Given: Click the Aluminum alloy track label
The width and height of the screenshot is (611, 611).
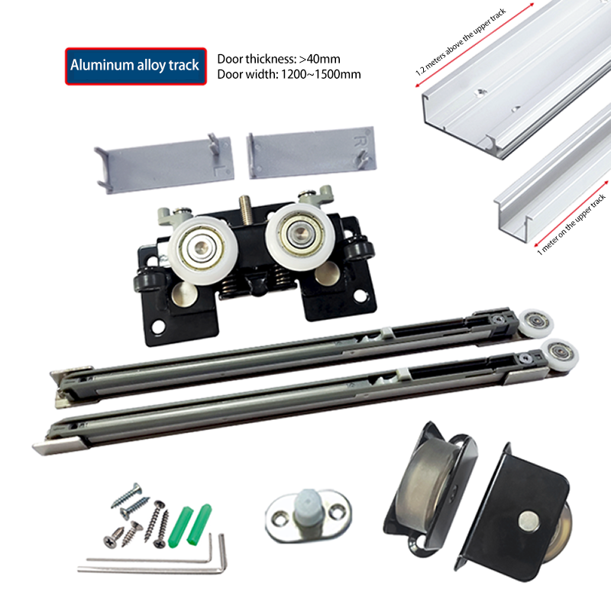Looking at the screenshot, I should (x=135, y=66).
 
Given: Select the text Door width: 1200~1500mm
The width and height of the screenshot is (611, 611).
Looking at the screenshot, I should (x=289, y=74).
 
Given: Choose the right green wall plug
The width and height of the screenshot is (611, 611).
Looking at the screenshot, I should (x=201, y=520).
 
